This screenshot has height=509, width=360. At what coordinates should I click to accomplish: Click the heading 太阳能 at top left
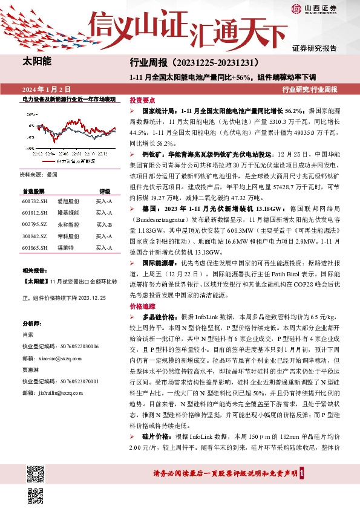(x=37, y=61)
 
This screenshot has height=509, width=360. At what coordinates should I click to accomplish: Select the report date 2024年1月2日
(x=46, y=89)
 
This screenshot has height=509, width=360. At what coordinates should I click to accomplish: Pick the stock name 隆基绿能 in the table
(x=68, y=213)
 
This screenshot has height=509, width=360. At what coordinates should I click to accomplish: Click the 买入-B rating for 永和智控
(x=104, y=225)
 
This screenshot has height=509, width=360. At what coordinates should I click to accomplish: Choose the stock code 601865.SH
(x=34, y=247)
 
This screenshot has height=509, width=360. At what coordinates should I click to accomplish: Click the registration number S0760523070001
(x=80, y=381)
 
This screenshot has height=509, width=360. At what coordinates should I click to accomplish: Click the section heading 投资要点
(x=143, y=100)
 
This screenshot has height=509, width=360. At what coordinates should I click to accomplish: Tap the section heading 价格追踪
(x=143, y=306)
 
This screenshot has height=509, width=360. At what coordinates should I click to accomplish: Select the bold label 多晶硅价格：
(x=161, y=317)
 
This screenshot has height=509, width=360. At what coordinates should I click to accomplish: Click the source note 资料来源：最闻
(x=39, y=174)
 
